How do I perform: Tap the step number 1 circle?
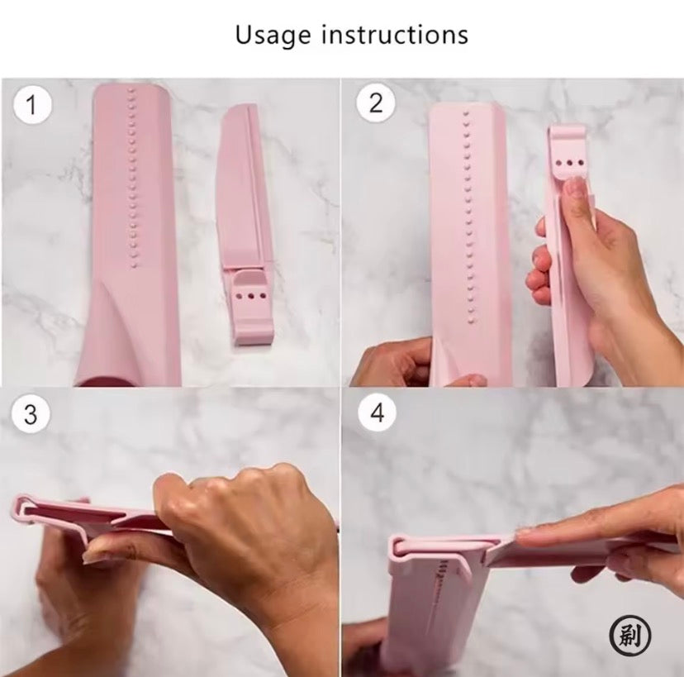click(x=32, y=106)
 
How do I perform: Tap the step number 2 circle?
click(x=377, y=103)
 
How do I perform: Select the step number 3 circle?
click(x=31, y=414)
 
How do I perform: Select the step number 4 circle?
click(x=378, y=413)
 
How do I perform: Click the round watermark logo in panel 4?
click(x=629, y=636)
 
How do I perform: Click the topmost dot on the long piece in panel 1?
click(x=130, y=93)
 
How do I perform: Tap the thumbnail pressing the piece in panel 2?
click(x=577, y=189)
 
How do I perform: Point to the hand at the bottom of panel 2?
click(x=397, y=364)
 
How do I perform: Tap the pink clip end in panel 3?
click(x=25, y=508)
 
